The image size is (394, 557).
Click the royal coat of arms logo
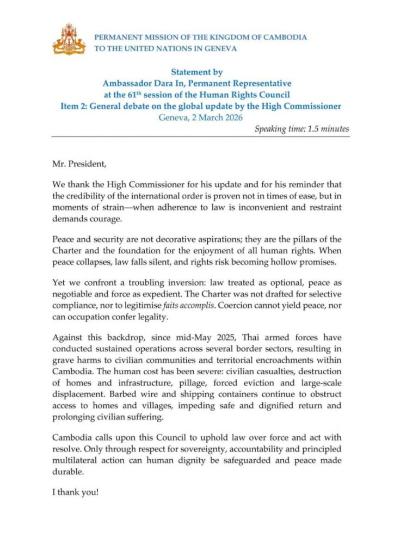[69, 39]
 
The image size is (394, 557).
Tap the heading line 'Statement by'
[196, 72]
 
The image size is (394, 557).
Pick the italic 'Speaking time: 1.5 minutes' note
[301, 129]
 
